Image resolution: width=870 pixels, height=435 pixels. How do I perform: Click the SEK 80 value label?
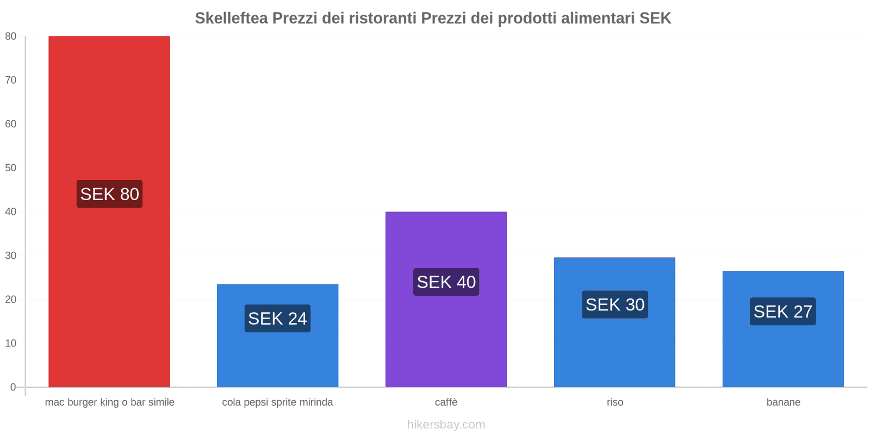coord(109,194)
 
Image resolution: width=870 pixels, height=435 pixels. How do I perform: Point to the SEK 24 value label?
coord(277,319)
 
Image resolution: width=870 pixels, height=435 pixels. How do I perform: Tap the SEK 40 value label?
coord(446,282)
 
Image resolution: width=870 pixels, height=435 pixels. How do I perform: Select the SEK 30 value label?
coord(614,304)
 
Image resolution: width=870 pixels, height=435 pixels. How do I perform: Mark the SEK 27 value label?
coord(782,312)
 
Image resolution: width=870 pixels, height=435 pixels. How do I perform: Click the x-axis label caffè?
coord(446,402)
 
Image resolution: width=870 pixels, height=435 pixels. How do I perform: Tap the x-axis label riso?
coord(615,402)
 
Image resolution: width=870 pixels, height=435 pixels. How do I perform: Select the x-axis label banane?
coord(783,402)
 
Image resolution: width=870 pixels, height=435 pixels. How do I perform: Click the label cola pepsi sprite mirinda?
coord(277,402)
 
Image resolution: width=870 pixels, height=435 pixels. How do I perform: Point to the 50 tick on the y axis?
coord(11,168)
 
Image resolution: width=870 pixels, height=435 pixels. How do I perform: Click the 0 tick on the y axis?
coord(13,387)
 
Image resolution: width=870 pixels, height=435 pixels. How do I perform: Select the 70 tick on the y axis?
coord(11,80)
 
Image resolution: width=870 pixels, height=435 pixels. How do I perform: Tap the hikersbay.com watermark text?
coord(446,425)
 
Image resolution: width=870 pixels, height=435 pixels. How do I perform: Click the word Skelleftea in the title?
coord(231,18)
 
